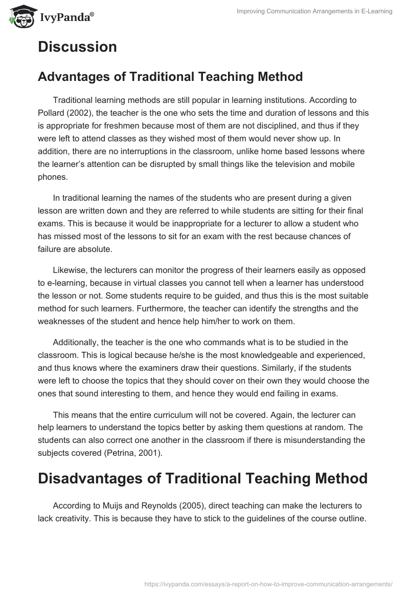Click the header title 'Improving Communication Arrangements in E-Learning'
tap(314, 11)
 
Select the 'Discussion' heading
tap(77, 47)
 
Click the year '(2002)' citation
tap(81, 113)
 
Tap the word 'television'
tap(299, 164)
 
